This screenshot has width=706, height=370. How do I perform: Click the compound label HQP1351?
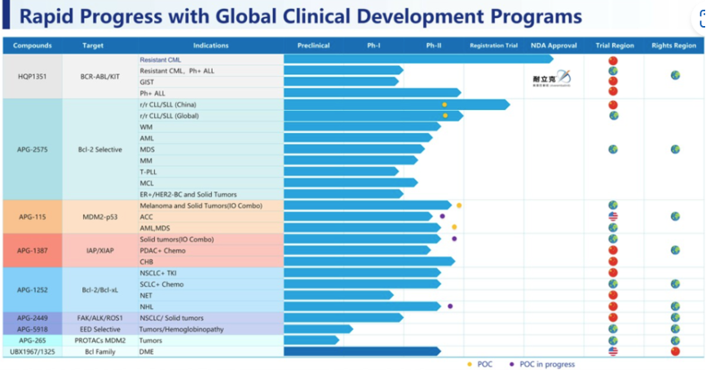coord(32,76)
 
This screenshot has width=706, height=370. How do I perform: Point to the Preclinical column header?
coord(313,46)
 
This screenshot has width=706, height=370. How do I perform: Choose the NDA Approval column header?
coord(554,46)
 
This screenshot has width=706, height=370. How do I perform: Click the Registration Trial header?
coord(493,46)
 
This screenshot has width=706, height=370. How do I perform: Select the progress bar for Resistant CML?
coord(416,59)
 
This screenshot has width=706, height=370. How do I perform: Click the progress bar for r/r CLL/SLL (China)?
coord(395,104)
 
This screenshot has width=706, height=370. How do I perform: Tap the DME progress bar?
coord(362,351)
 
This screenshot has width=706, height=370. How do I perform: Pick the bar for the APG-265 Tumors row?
coord(311,340)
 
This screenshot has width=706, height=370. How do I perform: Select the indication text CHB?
coord(148,262)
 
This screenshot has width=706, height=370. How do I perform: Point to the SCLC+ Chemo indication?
coord(161,284)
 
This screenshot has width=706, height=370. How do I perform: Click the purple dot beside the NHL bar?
coord(450,306)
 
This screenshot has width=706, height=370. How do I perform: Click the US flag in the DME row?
coord(613,351)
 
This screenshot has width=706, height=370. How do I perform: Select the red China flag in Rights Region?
coord(674,351)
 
